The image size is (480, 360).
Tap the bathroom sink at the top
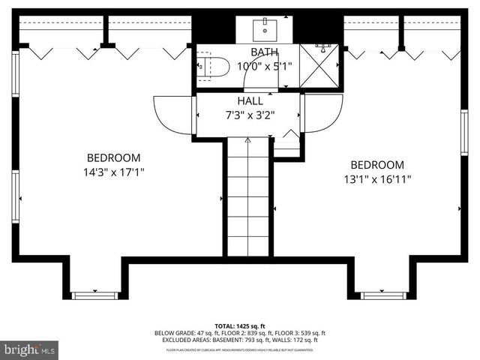265,29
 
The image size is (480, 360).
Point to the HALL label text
250,100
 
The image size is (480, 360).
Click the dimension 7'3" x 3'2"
250,115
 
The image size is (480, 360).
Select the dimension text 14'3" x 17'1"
114,172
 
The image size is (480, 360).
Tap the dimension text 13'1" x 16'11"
377,179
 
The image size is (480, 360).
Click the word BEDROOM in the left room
114,157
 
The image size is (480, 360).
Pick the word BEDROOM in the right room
377,165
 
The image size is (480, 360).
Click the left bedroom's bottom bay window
95,295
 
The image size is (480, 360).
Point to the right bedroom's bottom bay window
382,295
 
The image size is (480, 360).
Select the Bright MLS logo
30,349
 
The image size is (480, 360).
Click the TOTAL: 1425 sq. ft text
240,326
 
